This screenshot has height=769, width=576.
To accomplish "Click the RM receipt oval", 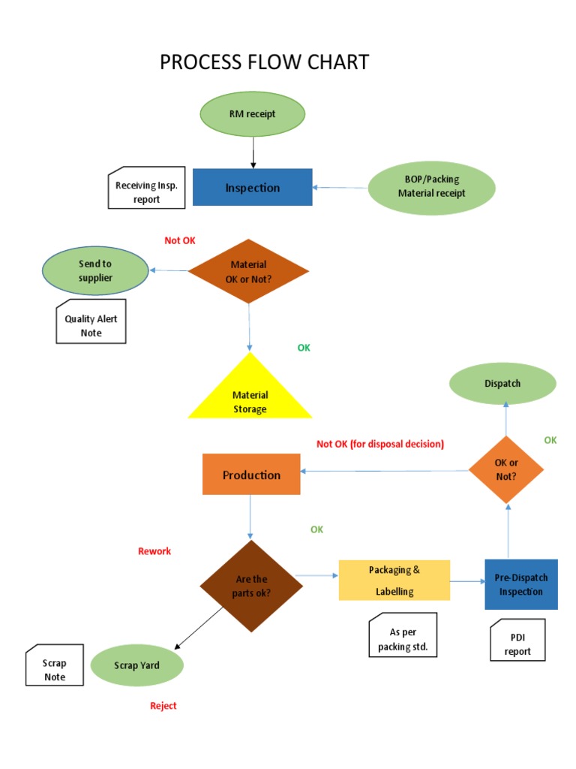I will pyautogui.click(x=252, y=114).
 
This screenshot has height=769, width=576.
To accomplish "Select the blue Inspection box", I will pyautogui.click(x=252, y=187).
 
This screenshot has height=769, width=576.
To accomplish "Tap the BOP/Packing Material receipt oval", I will pyautogui.click(x=431, y=187).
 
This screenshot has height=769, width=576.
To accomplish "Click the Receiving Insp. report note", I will pyautogui.click(x=146, y=191).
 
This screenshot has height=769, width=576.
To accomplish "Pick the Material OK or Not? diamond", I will pyautogui.click(x=248, y=271).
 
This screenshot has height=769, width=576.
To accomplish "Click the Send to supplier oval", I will pyautogui.click(x=95, y=271).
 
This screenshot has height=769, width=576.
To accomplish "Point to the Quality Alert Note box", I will pyautogui.click(x=91, y=324).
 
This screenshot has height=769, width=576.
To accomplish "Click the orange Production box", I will pyautogui.click(x=251, y=475).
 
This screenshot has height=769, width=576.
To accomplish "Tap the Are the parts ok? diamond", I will pyautogui.click(x=252, y=586).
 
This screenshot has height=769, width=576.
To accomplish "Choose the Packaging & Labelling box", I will pyautogui.click(x=394, y=580).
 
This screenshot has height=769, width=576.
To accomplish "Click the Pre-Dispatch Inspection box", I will pyautogui.click(x=521, y=584).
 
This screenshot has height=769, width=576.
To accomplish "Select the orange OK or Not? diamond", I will pyautogui.click(x=507, y=469).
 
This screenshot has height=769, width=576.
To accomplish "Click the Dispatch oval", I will pyautogui.click(x=502, y=384).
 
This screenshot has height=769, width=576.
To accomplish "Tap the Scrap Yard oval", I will pyautogui.click(x=136, y=665).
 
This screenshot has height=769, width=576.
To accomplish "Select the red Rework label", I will pyautogui.click(x=154, y=551).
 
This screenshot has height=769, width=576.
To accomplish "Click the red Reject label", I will pyautogui.click(x=163, y=706).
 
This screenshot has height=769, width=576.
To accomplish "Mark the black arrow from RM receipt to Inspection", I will pyautogui.click(x=253, y=152).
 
